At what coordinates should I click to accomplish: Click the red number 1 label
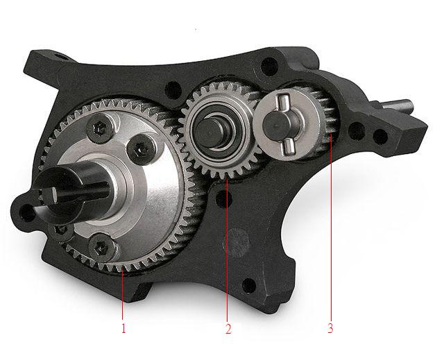pyautogui.click(x=123, y=328)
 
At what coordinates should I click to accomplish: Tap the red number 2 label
pyautogui.click(x=228, y=329)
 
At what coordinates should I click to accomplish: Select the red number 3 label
pyautogui.click(x=330, y=328)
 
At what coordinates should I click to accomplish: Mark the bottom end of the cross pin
pyautogui.click(x=289, y=148)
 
